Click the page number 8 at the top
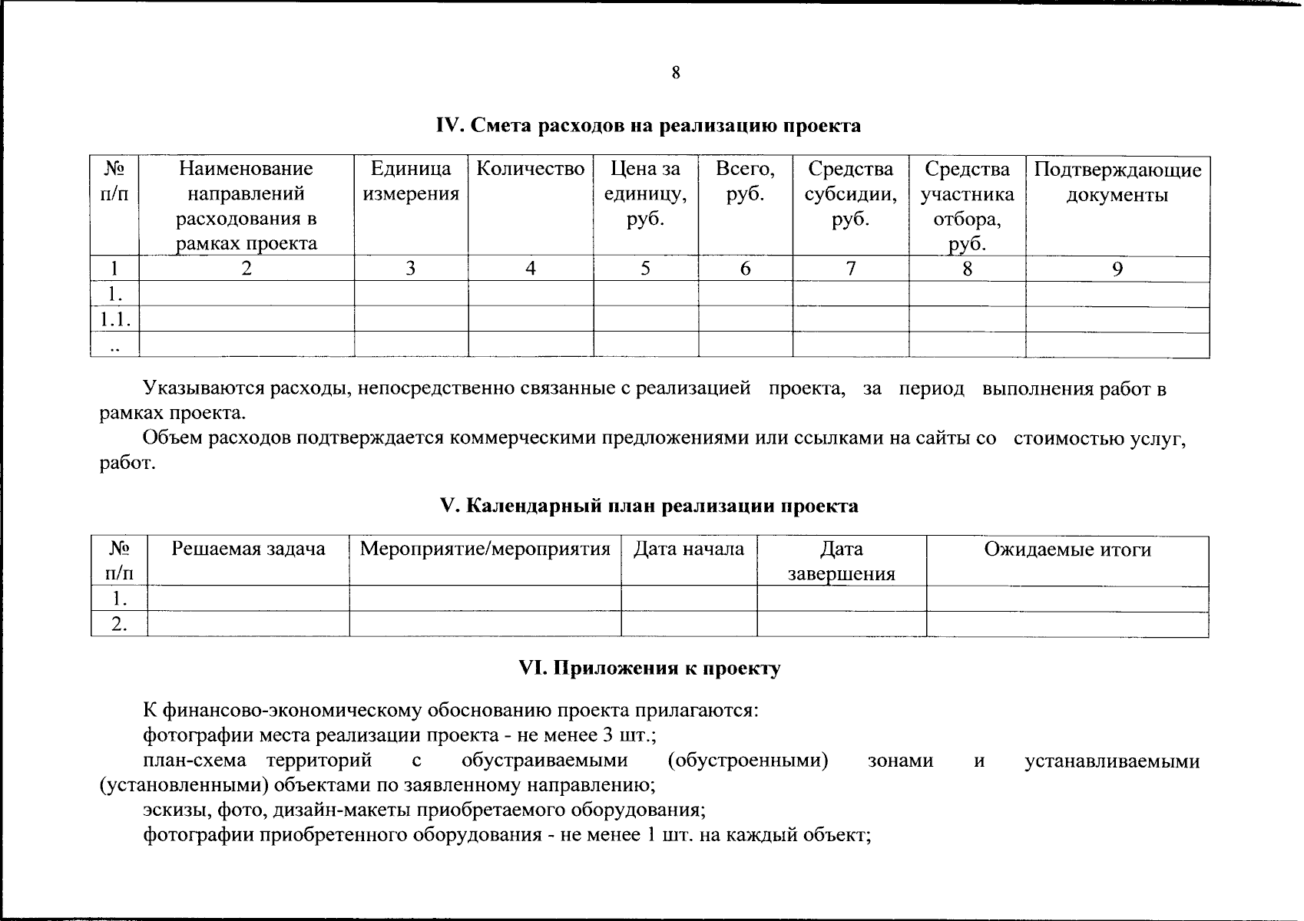675,73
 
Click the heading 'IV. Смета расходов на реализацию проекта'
648,126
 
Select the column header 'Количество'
531,169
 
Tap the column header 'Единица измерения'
411,181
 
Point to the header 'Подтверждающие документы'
1117,182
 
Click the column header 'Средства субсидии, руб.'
850,194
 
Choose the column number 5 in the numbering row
645,268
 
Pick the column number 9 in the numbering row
1117,268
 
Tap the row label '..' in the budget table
114,347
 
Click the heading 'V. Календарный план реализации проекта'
648,507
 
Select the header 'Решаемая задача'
248,550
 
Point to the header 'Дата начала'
688,550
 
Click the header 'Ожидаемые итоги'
1067,550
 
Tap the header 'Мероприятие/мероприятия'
485,550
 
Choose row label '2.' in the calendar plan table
118,625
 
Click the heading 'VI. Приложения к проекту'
650,668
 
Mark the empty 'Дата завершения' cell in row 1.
841,599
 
